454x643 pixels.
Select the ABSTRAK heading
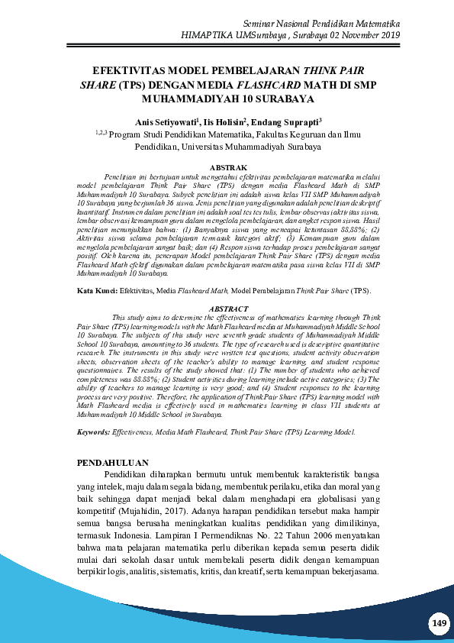pyautogui.click(x=227, y=167)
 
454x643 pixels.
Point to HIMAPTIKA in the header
pyautogui.click(x=211, y=36)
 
